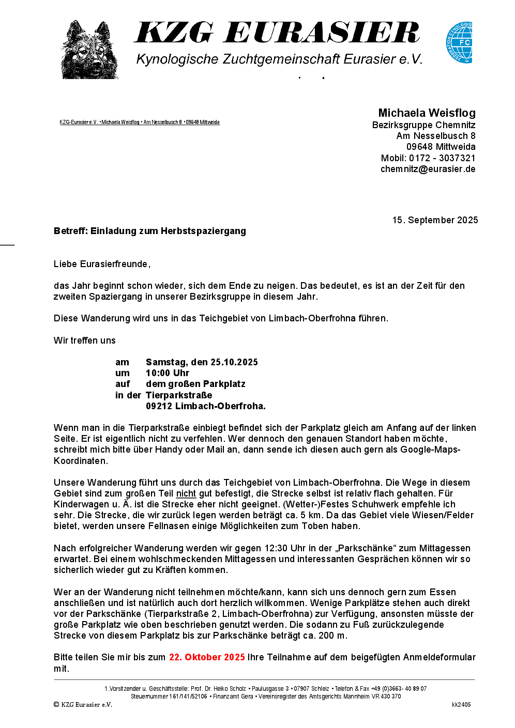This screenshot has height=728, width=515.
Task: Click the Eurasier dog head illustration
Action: coord(89,50)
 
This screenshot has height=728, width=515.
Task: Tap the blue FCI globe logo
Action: coord(459,42)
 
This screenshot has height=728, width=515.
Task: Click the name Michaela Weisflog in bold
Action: coord(427,113)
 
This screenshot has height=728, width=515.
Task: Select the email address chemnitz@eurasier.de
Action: coord(428,169)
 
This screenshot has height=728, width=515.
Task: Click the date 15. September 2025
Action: coord(435,220)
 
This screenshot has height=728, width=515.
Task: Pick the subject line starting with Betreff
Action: coord(149,231)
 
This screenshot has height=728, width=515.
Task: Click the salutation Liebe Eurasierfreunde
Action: coord(102,264)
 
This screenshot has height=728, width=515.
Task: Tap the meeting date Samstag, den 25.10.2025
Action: coord(202,362)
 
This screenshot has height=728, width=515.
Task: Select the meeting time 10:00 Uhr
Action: coord(168,373)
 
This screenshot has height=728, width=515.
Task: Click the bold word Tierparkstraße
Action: coord(179,395)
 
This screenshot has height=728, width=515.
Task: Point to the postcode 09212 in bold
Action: coord(159,406)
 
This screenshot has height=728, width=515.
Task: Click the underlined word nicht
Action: coord(186,493)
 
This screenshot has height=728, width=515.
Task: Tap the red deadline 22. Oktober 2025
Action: coord(207,657)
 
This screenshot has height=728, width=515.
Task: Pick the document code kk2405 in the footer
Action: coord(461,705)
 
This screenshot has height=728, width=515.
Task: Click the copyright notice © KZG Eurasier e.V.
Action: coord(83,705)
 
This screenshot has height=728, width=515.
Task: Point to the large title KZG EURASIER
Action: coord(277,33)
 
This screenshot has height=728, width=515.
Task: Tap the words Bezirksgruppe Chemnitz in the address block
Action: coord(423,125)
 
